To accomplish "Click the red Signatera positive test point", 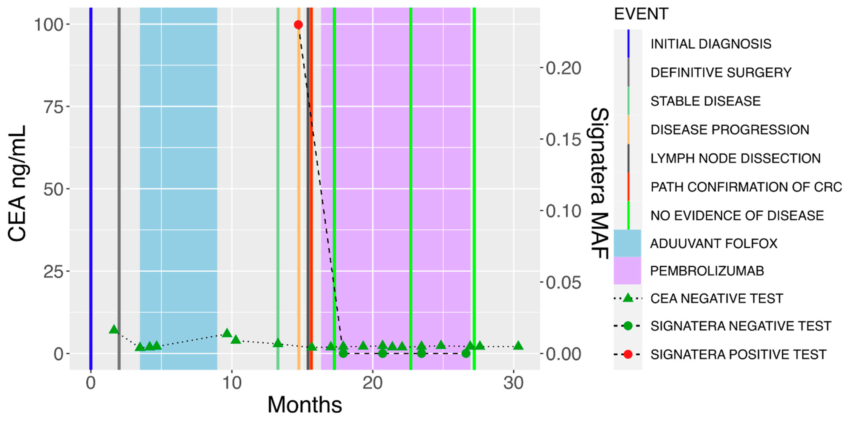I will click(298, 25).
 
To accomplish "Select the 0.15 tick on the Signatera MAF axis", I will click(563, 139).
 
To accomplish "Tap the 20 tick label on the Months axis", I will click(372, 383).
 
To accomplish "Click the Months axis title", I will click(305, 404).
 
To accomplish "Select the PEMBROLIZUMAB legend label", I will click(707, 271).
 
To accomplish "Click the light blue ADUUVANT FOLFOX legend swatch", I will click(627, 243).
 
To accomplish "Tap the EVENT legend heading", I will click(641, 14).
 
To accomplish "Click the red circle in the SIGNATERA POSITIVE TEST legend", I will click(628, 354).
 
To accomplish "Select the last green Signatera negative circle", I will click(466, 353).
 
